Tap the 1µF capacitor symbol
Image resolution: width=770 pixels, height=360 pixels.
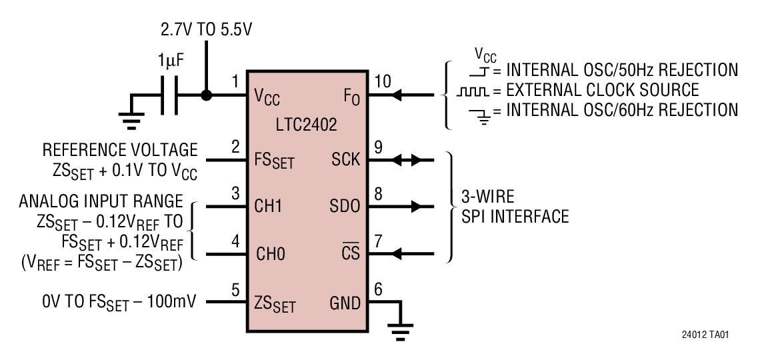[x=168, y=96]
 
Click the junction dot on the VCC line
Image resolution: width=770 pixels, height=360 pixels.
[x=207, y=96]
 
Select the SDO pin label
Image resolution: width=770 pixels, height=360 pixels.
[x=345, y=207]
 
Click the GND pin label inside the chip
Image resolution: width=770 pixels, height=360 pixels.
[x=345, y=303]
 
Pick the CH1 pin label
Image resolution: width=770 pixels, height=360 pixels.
[x=270, y=207]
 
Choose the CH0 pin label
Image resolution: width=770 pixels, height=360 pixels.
[x=270, y=254]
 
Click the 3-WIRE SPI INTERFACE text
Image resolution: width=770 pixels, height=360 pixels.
[x=515, y=207]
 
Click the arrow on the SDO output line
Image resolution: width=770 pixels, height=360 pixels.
[x=416, y=207]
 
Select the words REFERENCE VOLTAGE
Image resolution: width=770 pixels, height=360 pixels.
[x=120, y=149]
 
